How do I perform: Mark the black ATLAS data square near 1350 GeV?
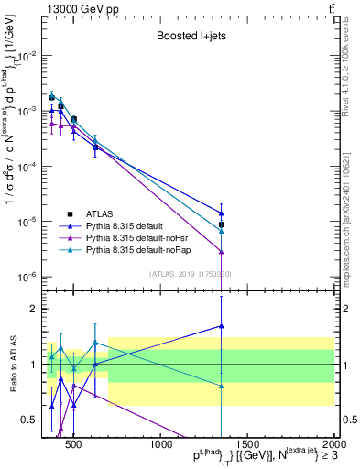tap(222, 224)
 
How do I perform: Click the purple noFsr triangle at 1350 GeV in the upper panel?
tap(222, 251)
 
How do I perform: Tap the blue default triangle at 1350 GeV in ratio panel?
tap(222, 325)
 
